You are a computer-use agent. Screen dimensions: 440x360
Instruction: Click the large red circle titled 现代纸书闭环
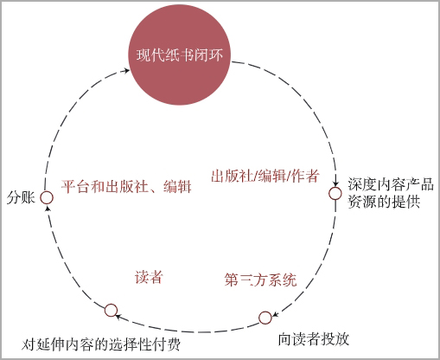click(179, 54)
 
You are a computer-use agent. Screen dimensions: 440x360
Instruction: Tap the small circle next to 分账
click(47, 197)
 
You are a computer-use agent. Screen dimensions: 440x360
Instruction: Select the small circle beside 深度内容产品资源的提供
click(335, 193)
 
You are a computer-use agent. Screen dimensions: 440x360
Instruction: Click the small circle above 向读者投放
click(265, 318)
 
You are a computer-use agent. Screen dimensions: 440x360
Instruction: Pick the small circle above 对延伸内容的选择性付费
click(111, 311)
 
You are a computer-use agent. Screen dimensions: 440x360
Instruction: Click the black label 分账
click(21, 198)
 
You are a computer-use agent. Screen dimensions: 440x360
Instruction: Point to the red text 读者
click(149, 277)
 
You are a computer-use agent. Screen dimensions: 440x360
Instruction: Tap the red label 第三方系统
click(260, 280)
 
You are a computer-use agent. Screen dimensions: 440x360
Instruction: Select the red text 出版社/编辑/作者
click(265, 176)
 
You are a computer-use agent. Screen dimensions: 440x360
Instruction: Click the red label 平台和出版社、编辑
click(126, 186)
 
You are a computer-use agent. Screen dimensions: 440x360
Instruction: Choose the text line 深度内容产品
click(391, 184)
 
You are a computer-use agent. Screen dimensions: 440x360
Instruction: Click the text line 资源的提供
click(384, 202)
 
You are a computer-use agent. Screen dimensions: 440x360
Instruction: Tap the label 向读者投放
click(314, 339)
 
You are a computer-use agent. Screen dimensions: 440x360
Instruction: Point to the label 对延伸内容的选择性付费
click(101, 344)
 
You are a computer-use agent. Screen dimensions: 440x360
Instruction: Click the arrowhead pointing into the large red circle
click(126, 70)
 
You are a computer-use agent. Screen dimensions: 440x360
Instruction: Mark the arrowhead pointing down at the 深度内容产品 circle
click(335, 183)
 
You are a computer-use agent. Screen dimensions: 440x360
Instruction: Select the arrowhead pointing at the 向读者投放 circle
click(275, 314)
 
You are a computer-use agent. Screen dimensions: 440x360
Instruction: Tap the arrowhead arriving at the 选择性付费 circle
click(118, 317)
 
